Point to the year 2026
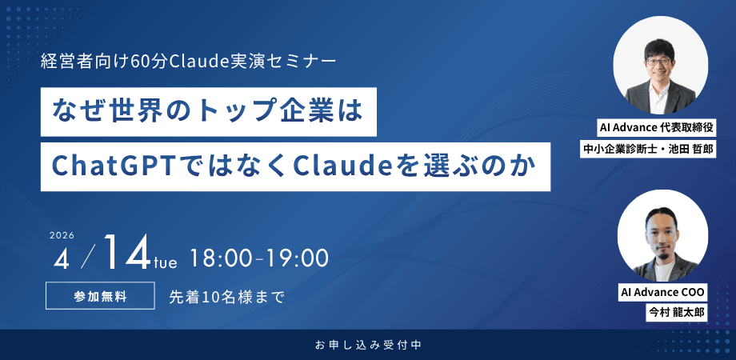pos(62,235)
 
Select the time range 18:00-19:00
pos(259,258)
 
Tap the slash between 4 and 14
pos(89,256)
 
